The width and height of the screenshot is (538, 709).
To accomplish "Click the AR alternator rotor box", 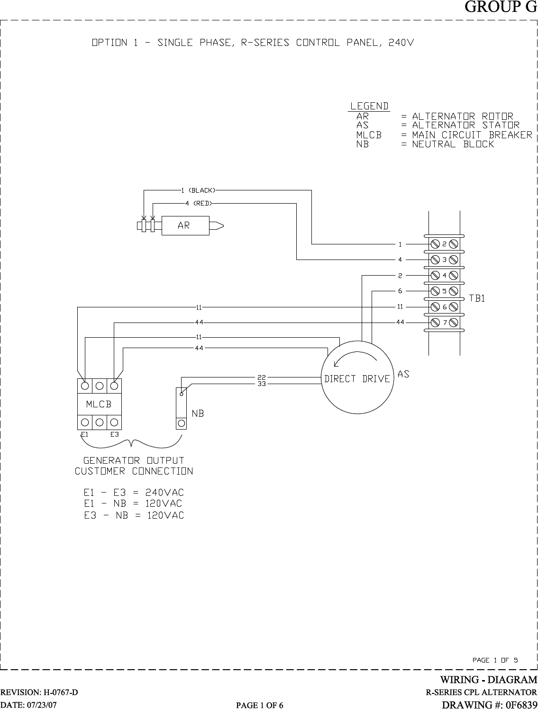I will coord(185,226).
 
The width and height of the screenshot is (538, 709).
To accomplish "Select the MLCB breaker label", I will coord(99,404).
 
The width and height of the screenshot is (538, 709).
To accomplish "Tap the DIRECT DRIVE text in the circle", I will coord(357,379).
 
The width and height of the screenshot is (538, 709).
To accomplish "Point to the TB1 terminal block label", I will coord(477,298).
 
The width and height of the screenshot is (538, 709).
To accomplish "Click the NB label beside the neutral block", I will coord(198,413).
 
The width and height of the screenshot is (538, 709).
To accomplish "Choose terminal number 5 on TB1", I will coord(445,291).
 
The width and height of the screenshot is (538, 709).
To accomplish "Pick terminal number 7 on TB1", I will coord(445,323).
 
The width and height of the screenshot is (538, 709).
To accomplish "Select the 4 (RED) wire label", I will coord(198,203).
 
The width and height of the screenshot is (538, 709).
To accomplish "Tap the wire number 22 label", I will coord(261,377).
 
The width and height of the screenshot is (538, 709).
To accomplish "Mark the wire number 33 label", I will coord(261,384).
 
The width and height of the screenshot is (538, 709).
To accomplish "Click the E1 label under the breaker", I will coord(85,434).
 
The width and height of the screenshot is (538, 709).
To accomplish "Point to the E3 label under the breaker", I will coord(114,434).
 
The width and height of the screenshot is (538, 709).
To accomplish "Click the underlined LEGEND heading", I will coord(369,106).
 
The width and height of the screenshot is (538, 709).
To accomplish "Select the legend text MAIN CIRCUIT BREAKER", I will coord(472,135).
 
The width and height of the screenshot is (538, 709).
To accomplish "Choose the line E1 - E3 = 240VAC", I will coord(134,492).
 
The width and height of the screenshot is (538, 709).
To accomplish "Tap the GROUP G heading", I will coord(501,8).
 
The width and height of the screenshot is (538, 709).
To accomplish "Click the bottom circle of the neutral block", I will coord(181,422).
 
